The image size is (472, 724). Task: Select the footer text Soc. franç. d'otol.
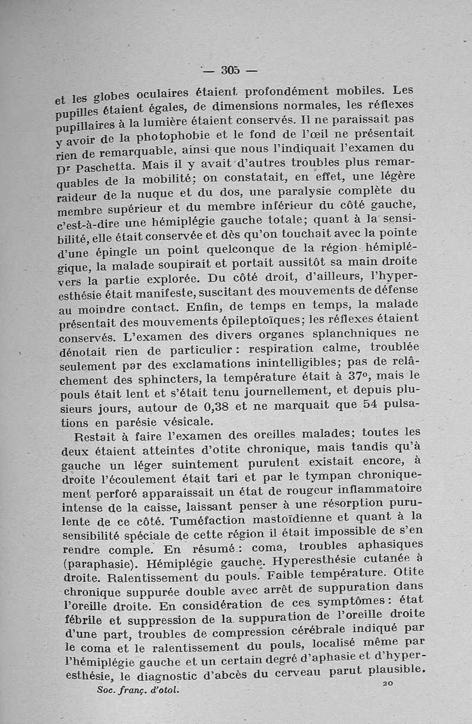[135, 689]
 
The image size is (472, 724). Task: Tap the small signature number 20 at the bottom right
[388, 683]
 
